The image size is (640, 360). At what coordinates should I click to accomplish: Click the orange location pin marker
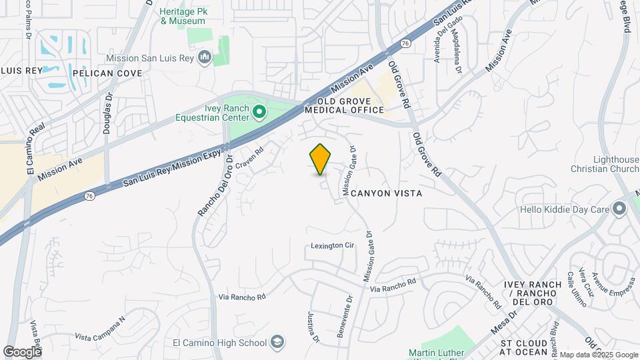[320, 159]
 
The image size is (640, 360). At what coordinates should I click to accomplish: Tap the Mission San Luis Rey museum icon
[205, 58]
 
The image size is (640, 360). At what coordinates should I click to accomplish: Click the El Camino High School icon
[277, 343]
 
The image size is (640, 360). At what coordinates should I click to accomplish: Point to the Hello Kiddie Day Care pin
[620, 210]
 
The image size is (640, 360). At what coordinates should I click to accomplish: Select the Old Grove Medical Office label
[345, 105]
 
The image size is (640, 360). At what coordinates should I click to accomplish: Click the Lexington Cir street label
[332, 246]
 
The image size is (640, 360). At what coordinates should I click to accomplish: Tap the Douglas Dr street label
[107, 113]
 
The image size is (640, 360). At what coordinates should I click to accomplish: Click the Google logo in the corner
[23, 351]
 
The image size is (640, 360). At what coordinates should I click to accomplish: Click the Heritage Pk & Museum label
[182, 16]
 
